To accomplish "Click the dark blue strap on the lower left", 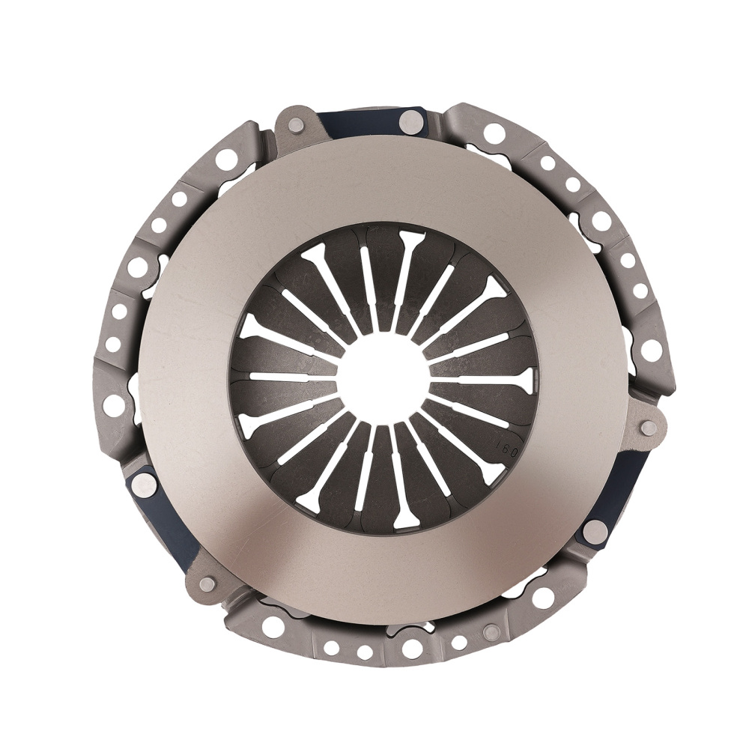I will coord(161,517).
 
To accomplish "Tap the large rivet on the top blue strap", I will coord(410,120).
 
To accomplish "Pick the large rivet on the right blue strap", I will coord(595,531).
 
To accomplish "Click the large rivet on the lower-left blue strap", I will coord(143,483).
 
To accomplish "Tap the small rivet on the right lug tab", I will coord(649,428).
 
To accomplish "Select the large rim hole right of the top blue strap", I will coord(494,134).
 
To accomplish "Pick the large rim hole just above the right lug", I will coord(651,349).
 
